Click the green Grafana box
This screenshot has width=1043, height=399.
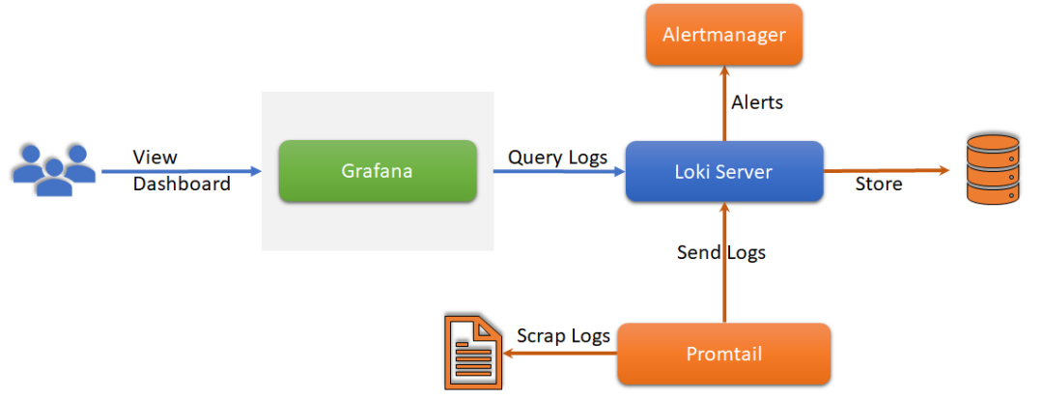coord(378,172)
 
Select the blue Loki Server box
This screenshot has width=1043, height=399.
coord(724,172)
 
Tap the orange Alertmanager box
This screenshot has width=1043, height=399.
coord(724,35)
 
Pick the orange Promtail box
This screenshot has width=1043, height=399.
coord(724,354)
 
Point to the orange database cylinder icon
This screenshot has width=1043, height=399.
coord(993,170)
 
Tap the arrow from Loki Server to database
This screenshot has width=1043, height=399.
coord(888,172)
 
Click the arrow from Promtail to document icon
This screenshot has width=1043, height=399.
coord(560,354)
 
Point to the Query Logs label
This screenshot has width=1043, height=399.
coord(558,157)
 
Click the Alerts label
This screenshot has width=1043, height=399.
coord(757,102)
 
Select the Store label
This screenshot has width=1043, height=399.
coord(879,184)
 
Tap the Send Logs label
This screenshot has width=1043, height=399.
coord(721,253)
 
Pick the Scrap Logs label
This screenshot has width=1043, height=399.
coord(563,336)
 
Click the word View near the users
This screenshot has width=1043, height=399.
coord(155,157)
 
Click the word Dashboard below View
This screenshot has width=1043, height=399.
coord(182,184)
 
